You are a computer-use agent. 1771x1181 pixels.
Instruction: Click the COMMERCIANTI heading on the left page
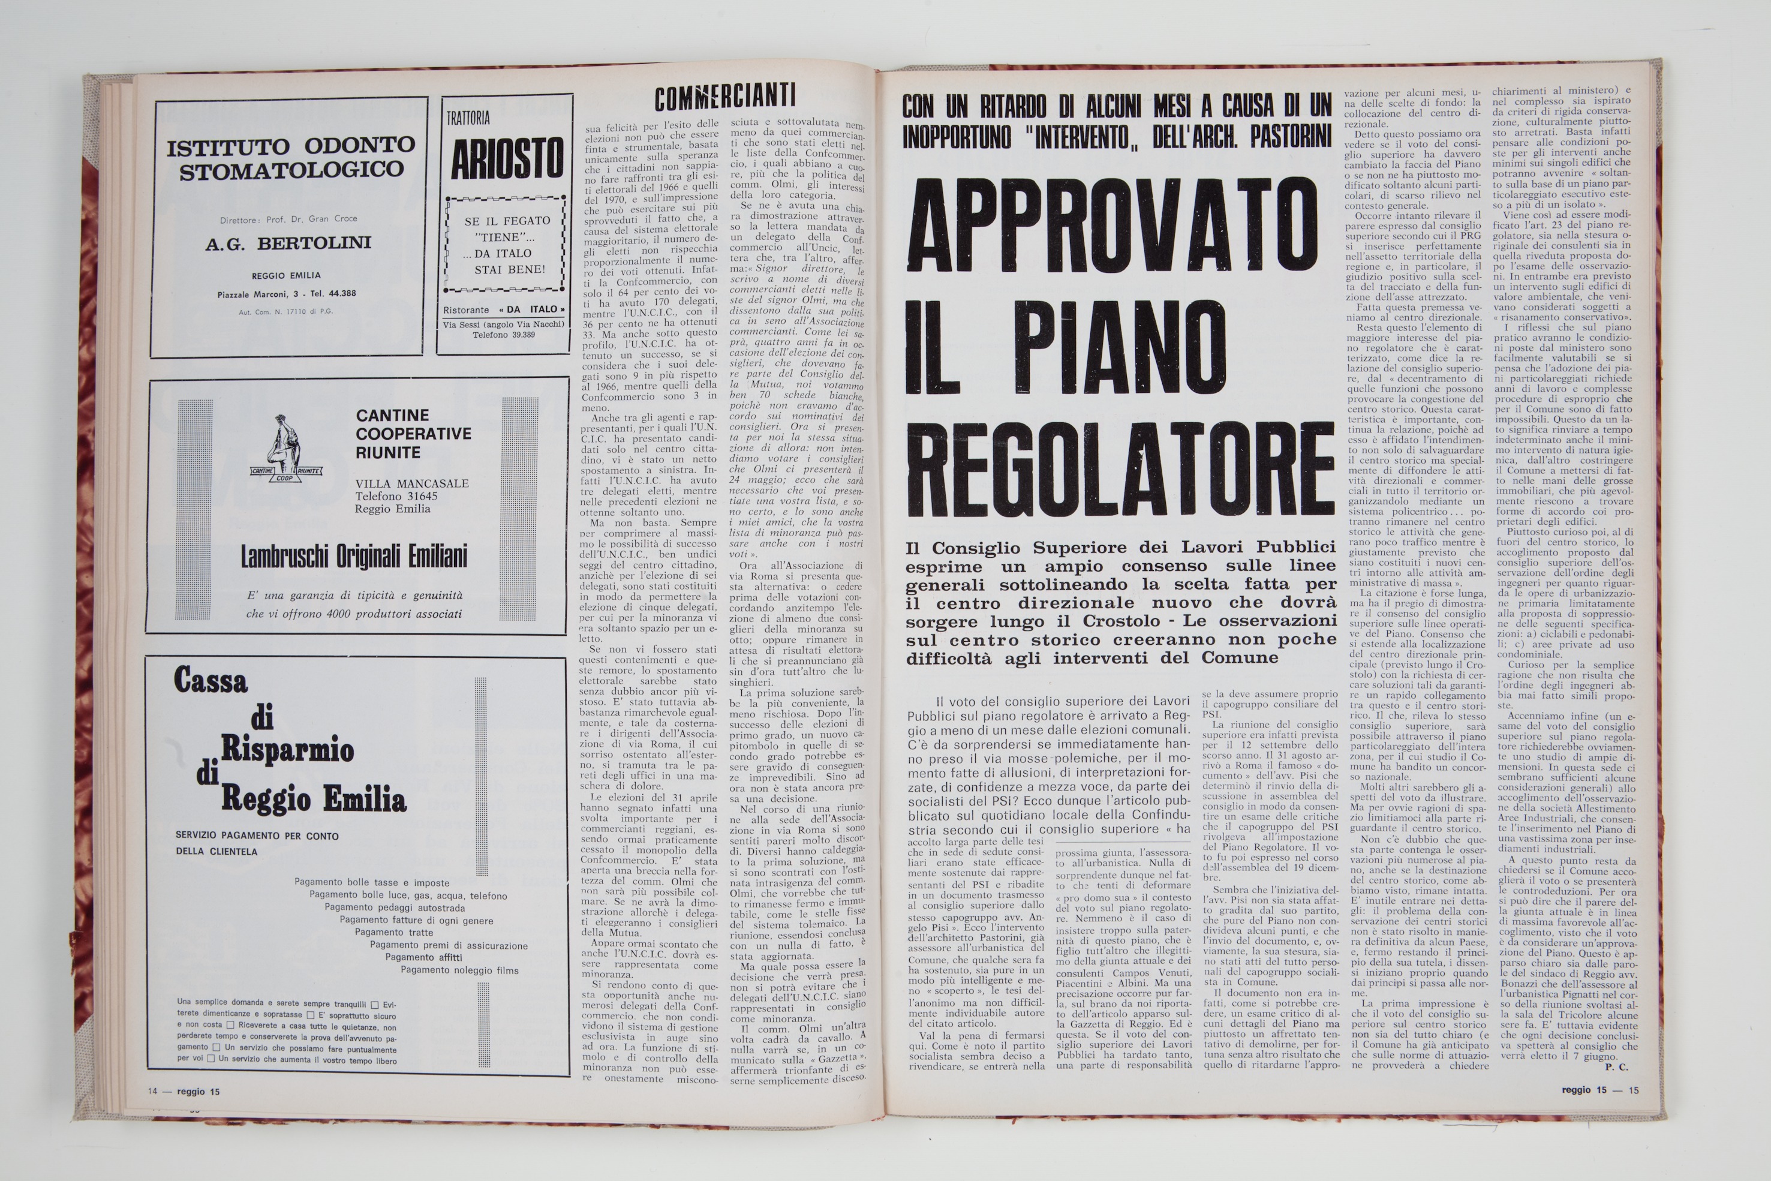pos(724,98)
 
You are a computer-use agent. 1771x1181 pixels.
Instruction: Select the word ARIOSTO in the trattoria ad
pos(507,158)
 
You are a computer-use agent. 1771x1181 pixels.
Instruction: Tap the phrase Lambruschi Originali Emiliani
pos(354,557)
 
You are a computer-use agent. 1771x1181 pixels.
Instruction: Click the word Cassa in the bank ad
pos(211,681)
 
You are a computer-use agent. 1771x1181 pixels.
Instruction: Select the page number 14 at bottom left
pos(153,1090)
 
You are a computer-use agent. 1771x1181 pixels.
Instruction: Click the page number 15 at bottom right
pos(1633,1090)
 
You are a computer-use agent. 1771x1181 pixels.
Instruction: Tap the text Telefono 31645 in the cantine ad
pos(396,495)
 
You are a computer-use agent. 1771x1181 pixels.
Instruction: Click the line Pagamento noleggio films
pos(459,970)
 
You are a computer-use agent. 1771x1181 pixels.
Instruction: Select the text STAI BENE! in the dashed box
pos(510,270)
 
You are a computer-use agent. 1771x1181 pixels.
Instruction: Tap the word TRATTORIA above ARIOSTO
pos(468,118)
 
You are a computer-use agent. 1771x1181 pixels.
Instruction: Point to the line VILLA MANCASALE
pos(413,483)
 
